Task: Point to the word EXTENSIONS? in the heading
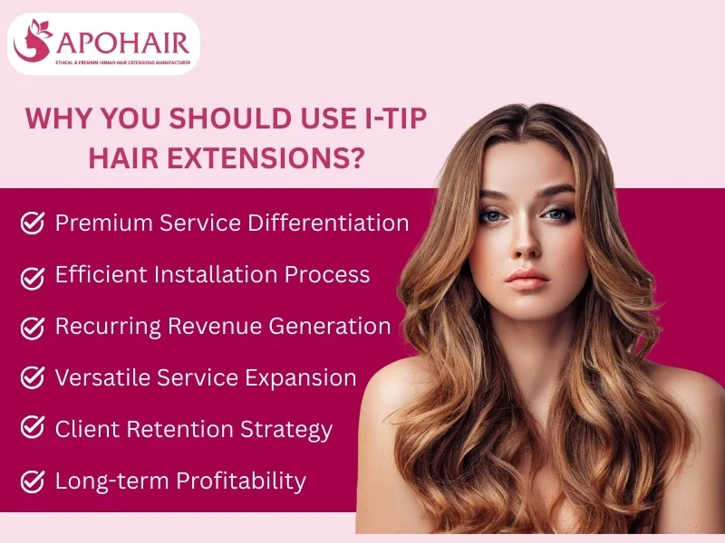click(266, 157)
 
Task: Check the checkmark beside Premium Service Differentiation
click(33, 223)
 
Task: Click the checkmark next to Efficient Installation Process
click(33, 275)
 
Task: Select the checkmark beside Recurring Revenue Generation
click(33, 327)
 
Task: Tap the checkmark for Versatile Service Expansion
click(33, 377)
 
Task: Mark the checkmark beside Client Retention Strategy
click(33, 429)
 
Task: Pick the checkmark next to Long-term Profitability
click(33, 481)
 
